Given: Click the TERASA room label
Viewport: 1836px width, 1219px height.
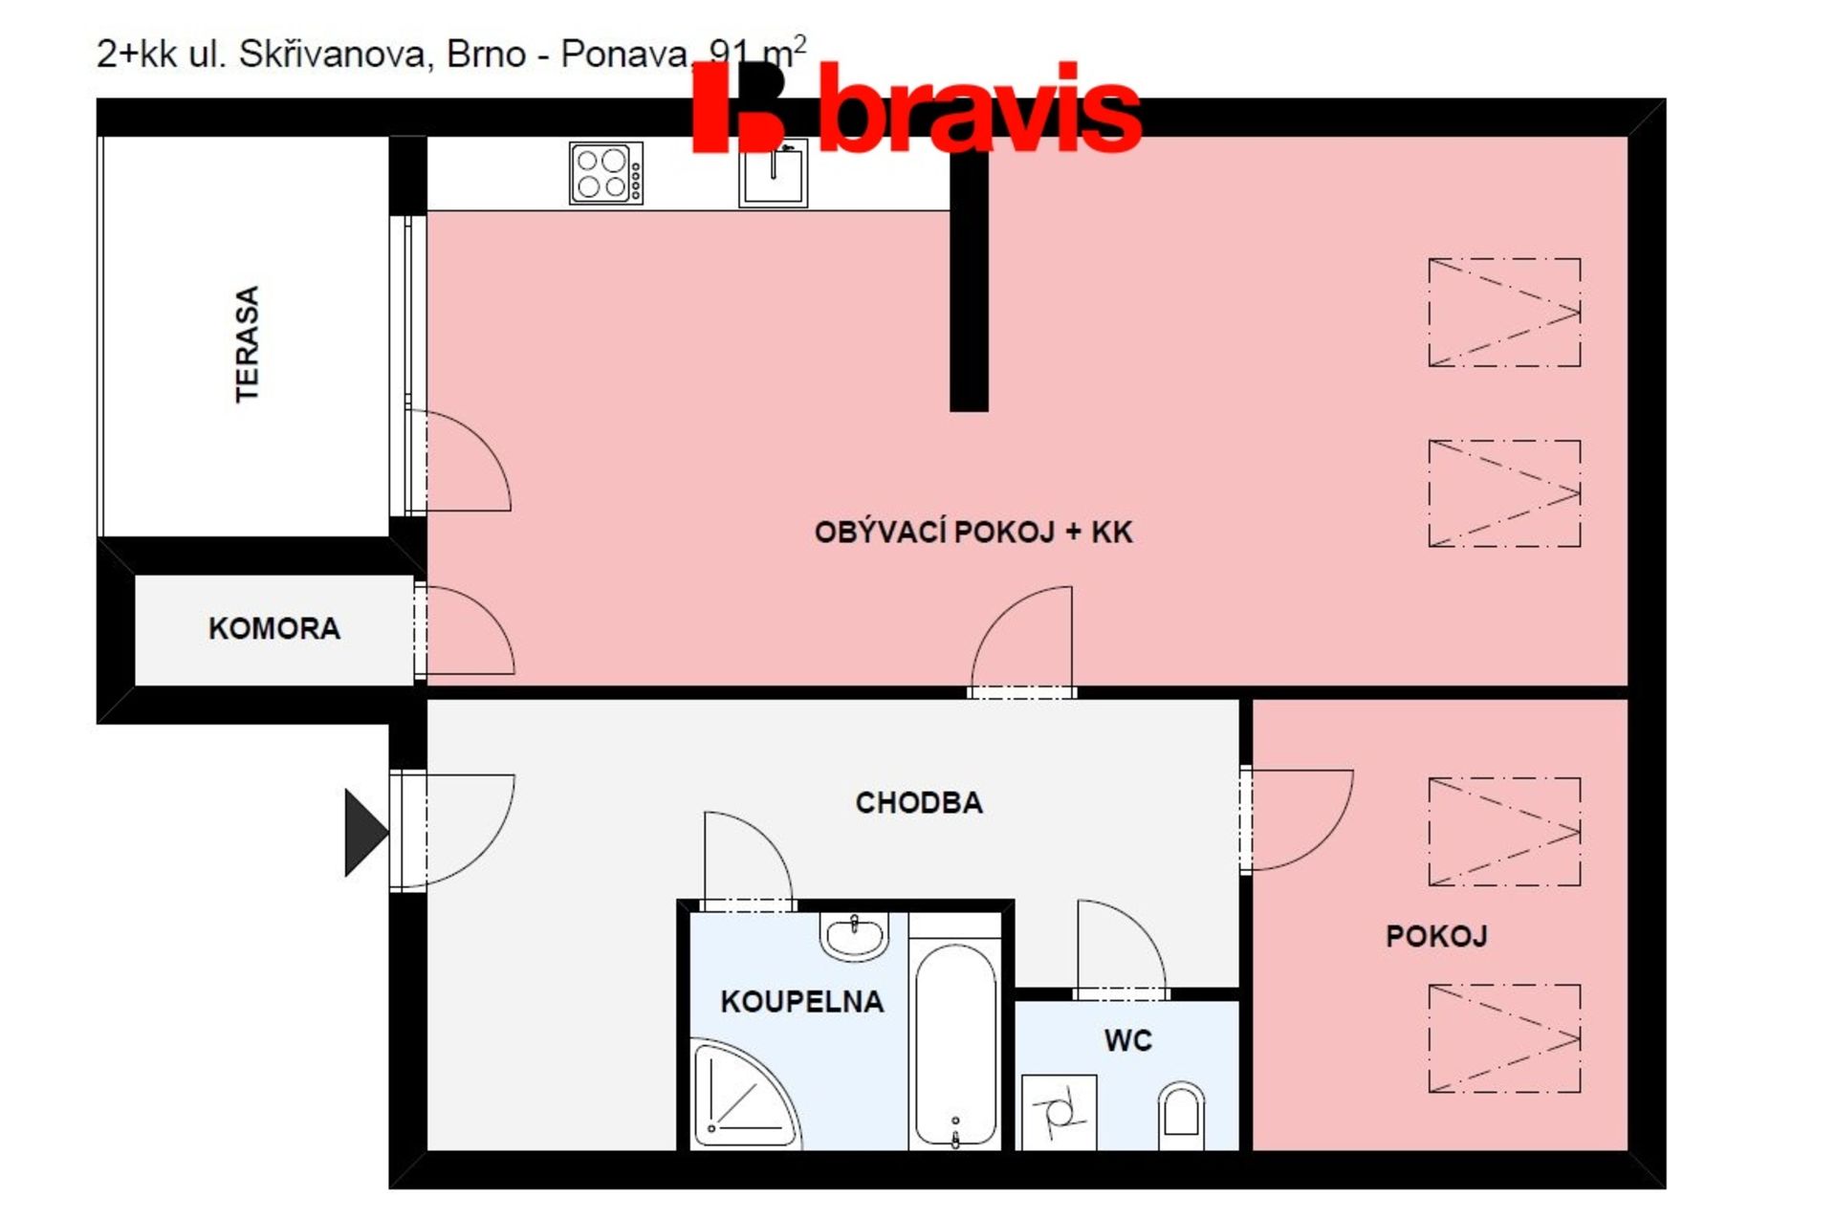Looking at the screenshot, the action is coord(247,344).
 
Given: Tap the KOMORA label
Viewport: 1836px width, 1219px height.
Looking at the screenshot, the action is coord(274,628).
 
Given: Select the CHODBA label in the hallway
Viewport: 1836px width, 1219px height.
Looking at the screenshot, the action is coord(919,802).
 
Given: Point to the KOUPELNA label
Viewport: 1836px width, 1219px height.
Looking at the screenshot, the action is coord(801,1001).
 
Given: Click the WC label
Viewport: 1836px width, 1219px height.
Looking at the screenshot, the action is coord(1128,1040).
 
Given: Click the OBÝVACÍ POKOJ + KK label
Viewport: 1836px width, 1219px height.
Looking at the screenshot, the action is coord(973,532).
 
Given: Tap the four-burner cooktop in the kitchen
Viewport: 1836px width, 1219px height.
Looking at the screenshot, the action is coord(606,173).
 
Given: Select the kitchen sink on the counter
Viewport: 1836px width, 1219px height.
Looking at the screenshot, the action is coord(773,173).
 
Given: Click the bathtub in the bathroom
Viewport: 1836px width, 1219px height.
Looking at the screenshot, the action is coord(955,1044).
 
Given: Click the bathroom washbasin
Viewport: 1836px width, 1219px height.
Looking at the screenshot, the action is coord(855,936).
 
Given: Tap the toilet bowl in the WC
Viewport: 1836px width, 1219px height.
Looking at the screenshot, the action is coord(1181,1115).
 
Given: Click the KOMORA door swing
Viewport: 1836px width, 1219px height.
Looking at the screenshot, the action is coord(470,631).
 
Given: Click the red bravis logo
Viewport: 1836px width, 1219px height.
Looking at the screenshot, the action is coord(916,107).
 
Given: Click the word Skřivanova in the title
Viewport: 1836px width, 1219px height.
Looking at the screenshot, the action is coord(332,54).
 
